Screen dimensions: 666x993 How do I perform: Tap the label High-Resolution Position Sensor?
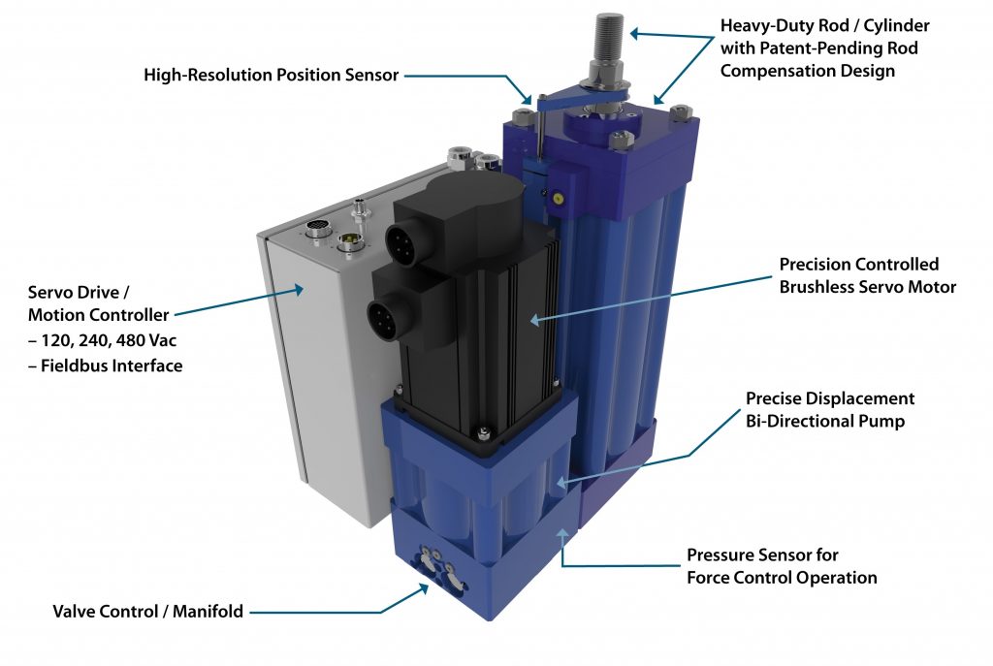pos(271,75)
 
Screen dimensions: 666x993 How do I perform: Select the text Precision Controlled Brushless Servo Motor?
pos(867,275)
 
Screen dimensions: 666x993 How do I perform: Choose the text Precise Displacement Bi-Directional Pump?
pos(829,409)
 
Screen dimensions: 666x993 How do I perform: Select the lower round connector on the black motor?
pos(384,315)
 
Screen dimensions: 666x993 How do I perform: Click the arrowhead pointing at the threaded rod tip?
pos(634,33)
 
